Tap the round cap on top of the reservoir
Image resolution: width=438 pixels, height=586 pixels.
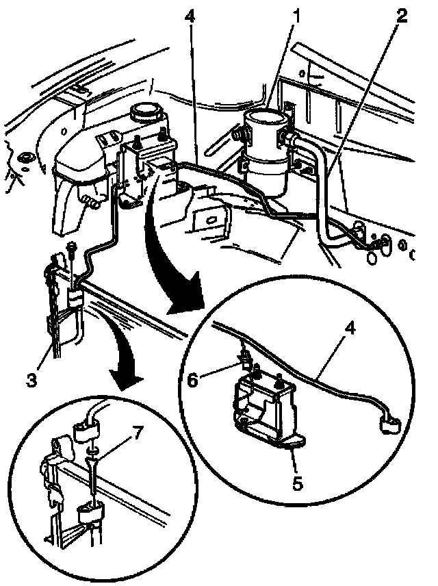[x=144, y=112]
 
